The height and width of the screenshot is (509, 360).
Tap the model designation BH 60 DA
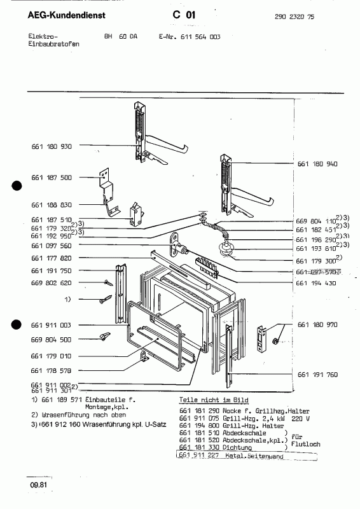point(121,37)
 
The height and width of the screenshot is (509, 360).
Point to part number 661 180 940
point(317,164)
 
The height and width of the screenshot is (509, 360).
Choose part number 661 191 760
point(317,375)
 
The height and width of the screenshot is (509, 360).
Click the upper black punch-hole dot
point(17,186)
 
